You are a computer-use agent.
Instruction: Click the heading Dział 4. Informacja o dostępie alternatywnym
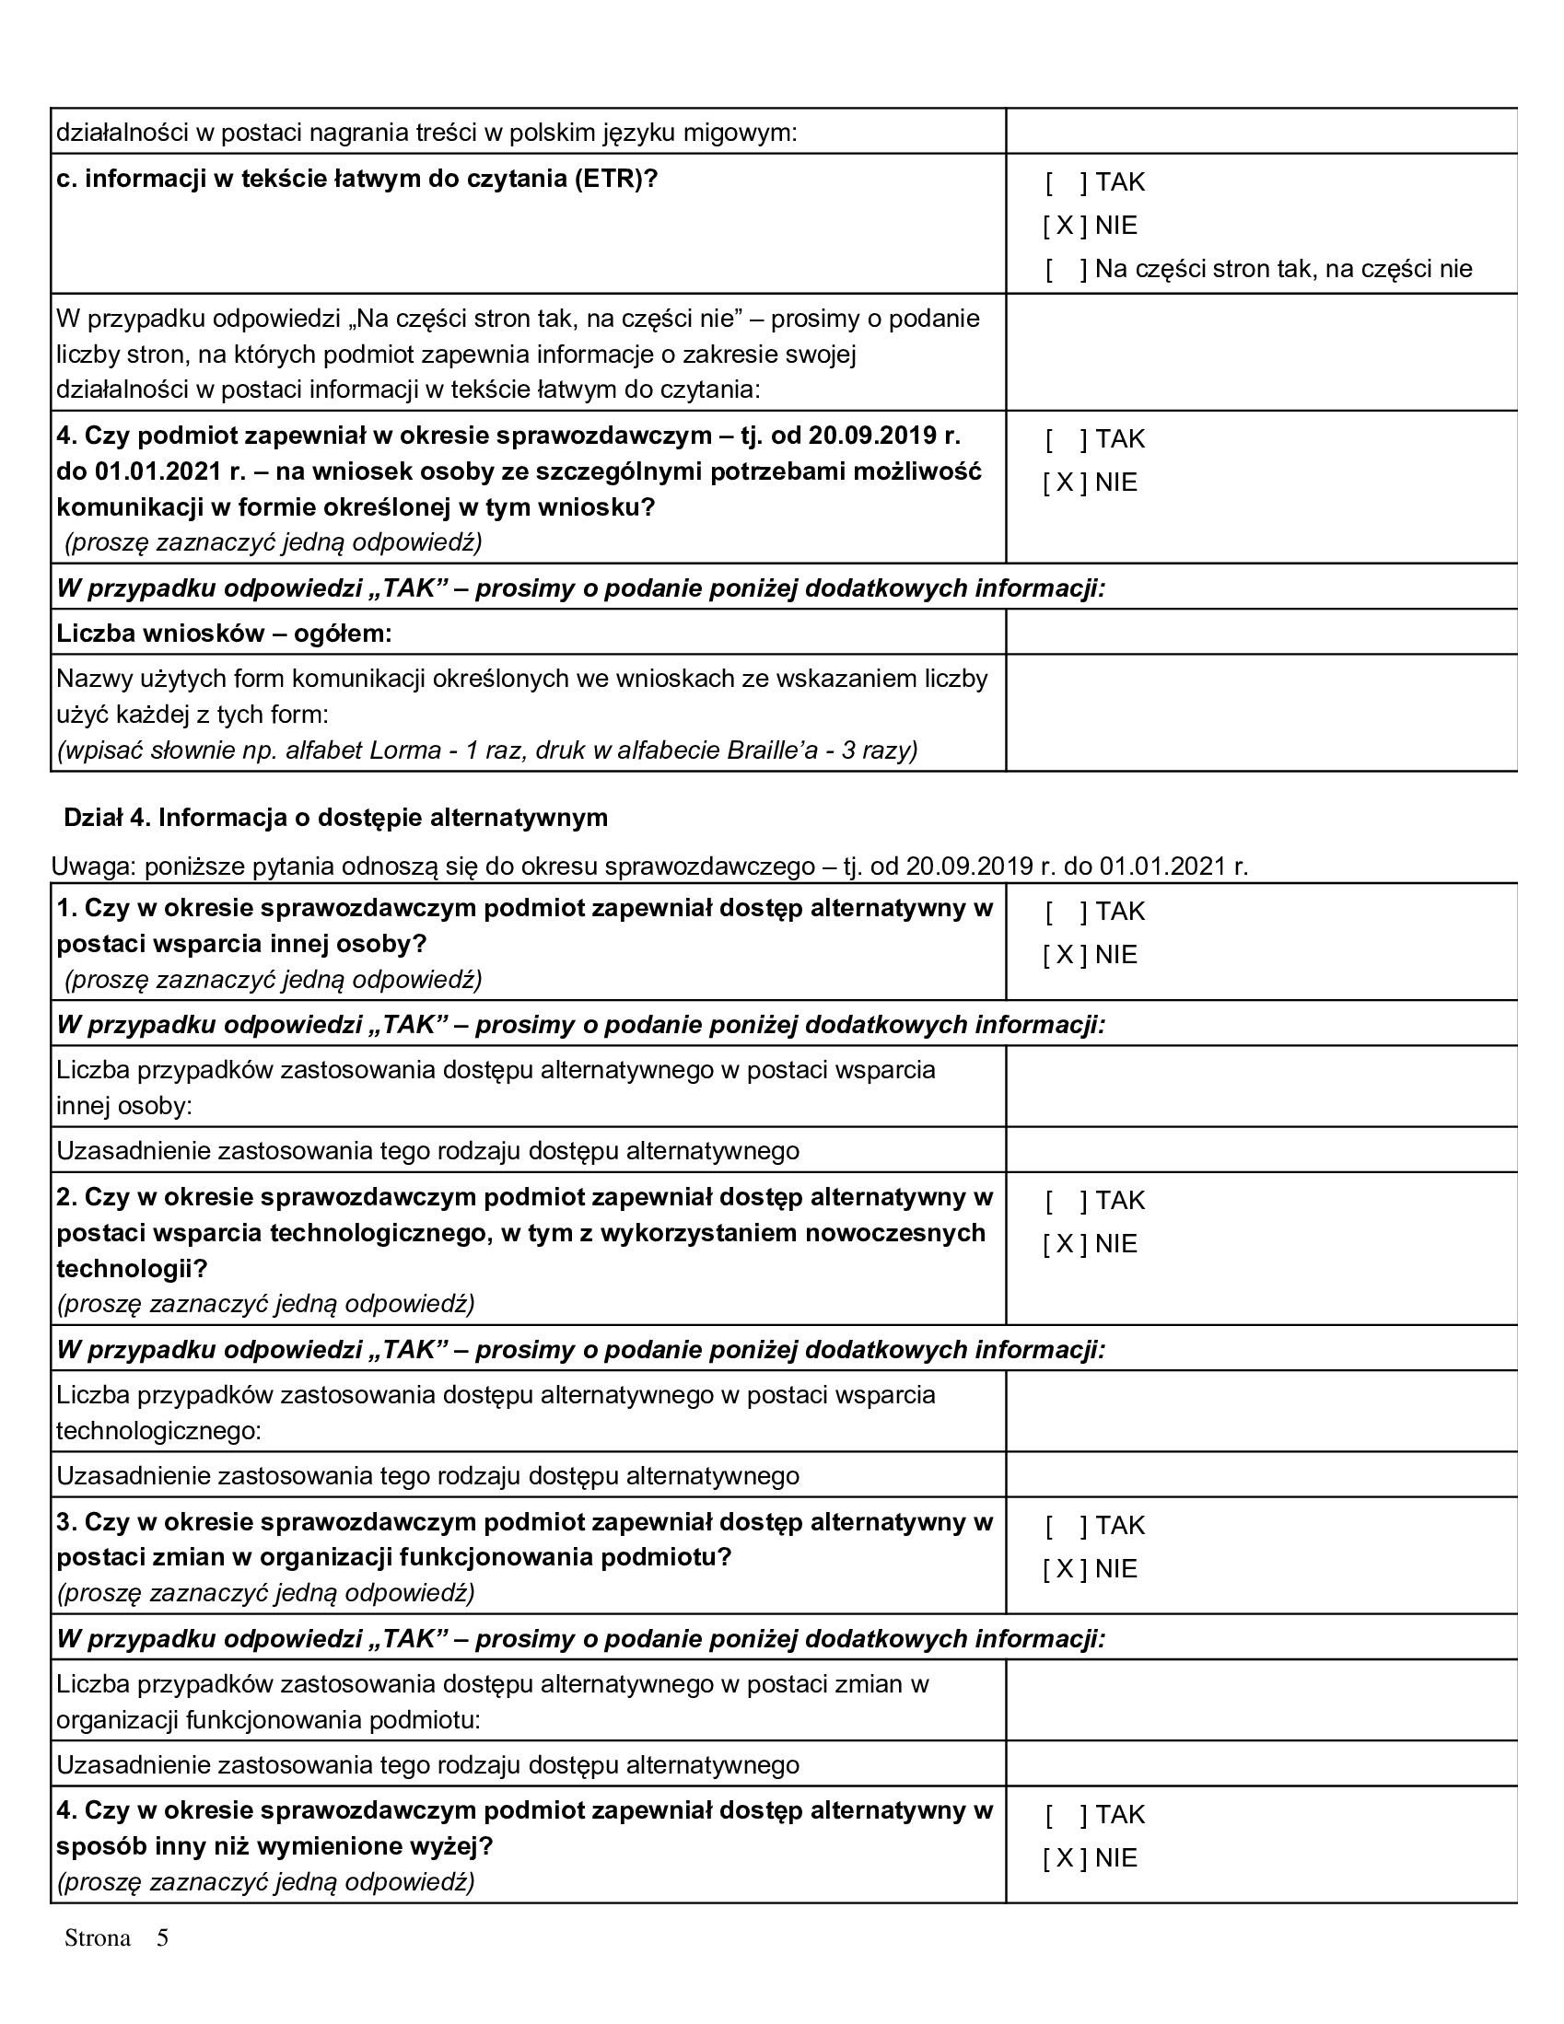point(335,818)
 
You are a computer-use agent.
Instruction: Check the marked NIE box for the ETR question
point(1064,227)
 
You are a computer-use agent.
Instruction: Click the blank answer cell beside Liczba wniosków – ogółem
point(1260,632)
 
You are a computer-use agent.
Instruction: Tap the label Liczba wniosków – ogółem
point(225,634)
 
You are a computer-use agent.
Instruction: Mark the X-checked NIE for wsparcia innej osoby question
point(1064,956)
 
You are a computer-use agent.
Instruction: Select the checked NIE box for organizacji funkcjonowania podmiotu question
point(1064,1569)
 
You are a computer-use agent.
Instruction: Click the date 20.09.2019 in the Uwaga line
point(969,867)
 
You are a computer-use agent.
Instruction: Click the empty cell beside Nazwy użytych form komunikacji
point(1260,713)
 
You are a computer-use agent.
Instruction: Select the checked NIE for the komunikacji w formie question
point(1064,483)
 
